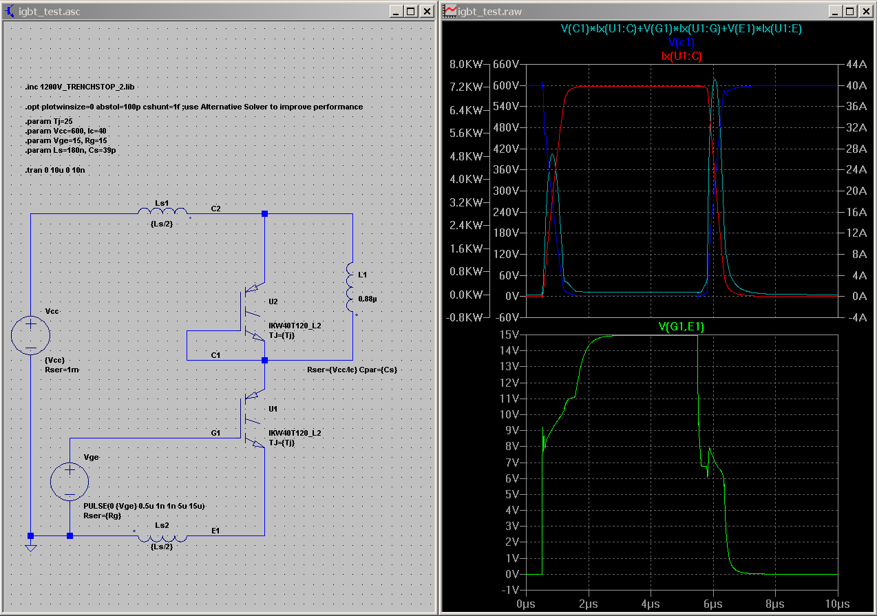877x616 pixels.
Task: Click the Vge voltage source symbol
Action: click(70, 480)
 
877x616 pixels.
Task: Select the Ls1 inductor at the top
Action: click(162, 213)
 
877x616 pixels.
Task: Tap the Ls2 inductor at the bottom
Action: click(162, 535)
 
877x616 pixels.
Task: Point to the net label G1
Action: click(215, 433)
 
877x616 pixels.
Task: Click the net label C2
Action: click(215, 207)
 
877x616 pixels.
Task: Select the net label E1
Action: click(215, 530)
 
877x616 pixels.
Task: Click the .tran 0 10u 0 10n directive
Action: click(54, 169)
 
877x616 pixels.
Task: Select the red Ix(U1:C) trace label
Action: click(681, 56)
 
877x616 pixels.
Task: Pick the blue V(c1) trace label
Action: click(681, 42)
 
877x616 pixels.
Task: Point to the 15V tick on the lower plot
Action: click(509, 335)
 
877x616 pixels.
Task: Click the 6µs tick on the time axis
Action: click(713, 604)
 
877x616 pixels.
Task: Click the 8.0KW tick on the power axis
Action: click(465, 64)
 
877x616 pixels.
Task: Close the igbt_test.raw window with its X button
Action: click(867, 12)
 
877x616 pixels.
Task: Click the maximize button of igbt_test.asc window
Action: click(410, 12)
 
